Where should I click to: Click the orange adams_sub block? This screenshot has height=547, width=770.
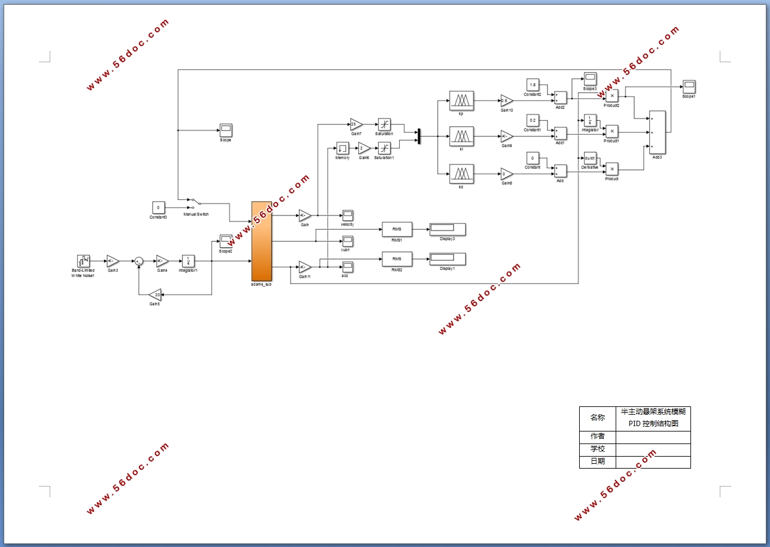tap(261, 241)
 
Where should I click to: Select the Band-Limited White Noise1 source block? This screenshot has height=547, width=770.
tap(83, 261)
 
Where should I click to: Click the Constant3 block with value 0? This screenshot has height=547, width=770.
tap(158, 208)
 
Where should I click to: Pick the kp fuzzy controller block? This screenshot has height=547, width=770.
tap(461, 101)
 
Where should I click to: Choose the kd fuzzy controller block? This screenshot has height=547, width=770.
tap(461, 174)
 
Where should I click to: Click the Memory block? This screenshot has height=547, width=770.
tap(342, 148)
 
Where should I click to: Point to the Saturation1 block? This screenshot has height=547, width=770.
tap(385, 148)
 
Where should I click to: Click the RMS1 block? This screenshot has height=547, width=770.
tap(397, 229)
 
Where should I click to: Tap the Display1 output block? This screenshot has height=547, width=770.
tap(447, 259)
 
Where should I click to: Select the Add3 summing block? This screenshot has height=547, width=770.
tap(657, 132)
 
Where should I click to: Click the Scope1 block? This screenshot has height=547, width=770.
tap(689, 86)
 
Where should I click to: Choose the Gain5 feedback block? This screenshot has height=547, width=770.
tap(155, 294)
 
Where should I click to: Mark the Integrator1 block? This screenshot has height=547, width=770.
tap(188, 261)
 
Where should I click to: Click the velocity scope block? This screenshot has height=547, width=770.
tap(348, 215)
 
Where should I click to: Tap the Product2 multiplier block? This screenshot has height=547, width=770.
tap(611, 96)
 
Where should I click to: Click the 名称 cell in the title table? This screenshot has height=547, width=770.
tap(597, 418)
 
